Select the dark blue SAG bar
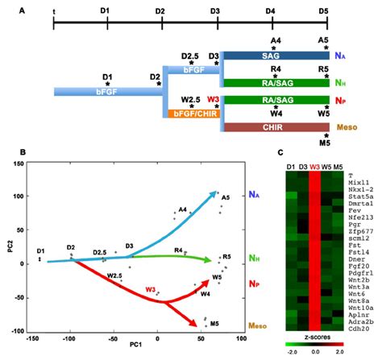click(x=274, y=56)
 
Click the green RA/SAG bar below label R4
click(x=274, y=82)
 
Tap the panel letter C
click(x=279, y=152)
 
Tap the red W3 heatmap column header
click(x=313, y=167)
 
